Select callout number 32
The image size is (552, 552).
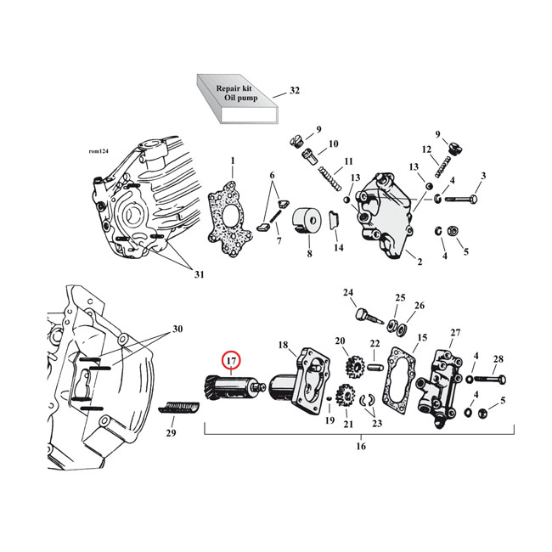295,90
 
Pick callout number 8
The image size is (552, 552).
308,253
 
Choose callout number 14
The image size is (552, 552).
339,247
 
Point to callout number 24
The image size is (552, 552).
348,293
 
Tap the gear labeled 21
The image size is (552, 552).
346,397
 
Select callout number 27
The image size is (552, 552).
455,331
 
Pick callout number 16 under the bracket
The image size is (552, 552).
360,447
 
